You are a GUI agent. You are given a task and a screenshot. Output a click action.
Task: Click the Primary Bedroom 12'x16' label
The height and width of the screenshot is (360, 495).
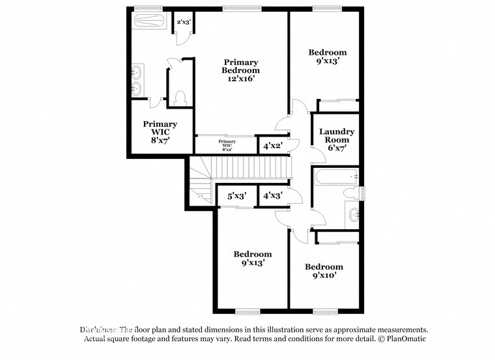[240, 70]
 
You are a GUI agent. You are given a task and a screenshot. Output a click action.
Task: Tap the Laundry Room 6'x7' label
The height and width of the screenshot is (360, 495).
[337, 139]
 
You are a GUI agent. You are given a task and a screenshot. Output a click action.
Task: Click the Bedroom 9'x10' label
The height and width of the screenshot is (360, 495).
[324, 271]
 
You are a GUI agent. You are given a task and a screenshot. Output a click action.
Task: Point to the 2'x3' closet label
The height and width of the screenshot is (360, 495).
[184, 22]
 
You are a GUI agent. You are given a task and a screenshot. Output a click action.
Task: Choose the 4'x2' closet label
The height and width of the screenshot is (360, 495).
[272, 145]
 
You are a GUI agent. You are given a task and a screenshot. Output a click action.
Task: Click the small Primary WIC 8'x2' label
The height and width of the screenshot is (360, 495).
[227, 145]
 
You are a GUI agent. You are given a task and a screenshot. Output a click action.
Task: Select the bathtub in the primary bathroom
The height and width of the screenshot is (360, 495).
[152, 21]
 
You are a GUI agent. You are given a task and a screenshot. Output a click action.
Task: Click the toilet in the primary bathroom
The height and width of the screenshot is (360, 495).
[180, 98]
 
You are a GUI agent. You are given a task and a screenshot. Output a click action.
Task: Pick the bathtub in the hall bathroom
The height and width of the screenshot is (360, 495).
[335, 176]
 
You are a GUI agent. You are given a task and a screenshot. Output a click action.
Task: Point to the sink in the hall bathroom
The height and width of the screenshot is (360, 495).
[352, 214]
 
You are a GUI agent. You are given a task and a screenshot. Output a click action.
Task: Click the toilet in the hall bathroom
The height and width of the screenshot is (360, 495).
[354, 193]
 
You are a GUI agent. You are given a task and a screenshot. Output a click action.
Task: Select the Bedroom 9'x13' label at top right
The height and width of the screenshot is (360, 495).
[327, 57]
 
